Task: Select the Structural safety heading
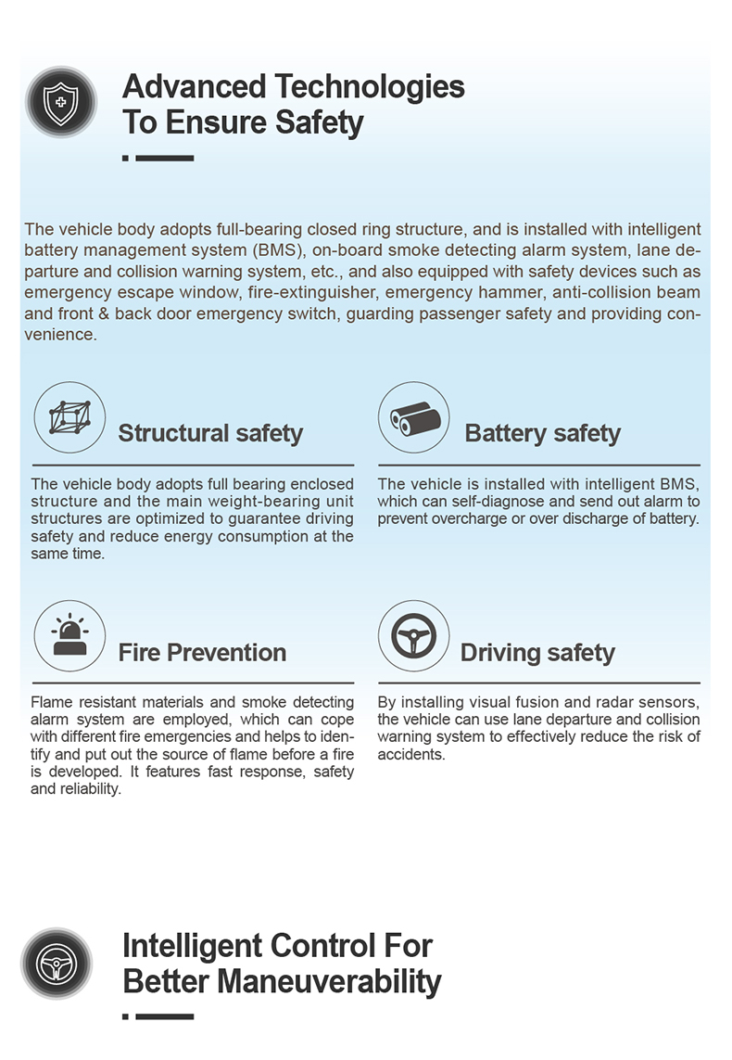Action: (x=210, y=433)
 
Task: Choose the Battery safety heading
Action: (x=542, y=433)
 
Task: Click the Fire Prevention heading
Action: (x=202, y=653)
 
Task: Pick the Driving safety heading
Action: (x=537, y=653)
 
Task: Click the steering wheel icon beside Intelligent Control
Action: (x=57, y=964)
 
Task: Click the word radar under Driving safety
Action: (x=610, y=702)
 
